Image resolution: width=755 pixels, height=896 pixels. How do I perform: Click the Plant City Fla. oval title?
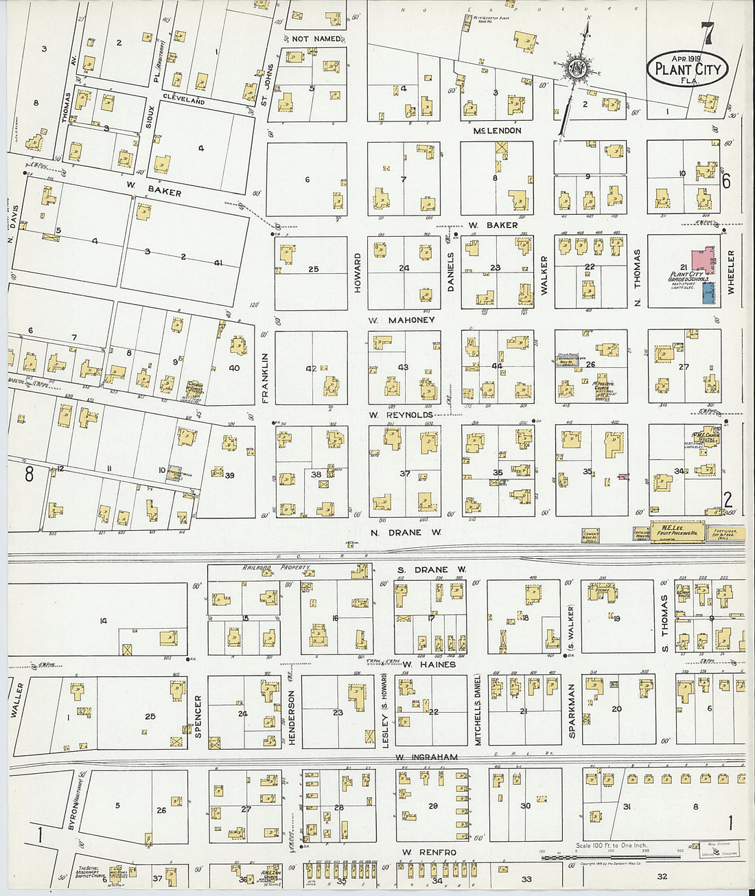pos(687,69)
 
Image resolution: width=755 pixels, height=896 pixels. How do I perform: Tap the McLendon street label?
pos(497,130)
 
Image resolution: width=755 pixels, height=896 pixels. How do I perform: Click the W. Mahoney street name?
pos(402,320)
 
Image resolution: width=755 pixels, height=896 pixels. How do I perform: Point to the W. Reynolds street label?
pos(401,415)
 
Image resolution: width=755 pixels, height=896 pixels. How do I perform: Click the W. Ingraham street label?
pos(426,757)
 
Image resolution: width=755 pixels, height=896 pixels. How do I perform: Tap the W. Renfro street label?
pos(428,852)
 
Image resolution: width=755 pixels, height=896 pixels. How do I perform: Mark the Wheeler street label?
pos(731,273)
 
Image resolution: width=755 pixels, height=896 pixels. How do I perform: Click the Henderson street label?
pos(291,717)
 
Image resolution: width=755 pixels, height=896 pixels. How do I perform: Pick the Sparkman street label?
pos(572,711)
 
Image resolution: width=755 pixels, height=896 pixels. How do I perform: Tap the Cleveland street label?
pos(184,100)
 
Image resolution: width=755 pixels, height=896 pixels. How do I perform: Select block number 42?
pos(311,369)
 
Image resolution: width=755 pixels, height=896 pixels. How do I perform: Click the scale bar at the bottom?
pos(618,857)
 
